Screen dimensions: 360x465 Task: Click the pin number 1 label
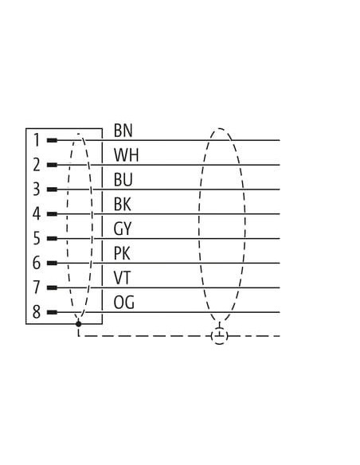pyautogui.click(x=37, y=140)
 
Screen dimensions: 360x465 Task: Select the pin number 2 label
pyautogui.click(x=37, y=165)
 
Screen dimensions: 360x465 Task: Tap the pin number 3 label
pyautogui.click(x=37, y=190)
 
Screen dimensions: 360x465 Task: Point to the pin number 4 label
pyautogui.click(x=37, y=214)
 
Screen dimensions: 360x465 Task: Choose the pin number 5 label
pyautogui.click(x=37, y=238)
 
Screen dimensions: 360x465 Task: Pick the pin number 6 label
pyautogui.click(x=37, y=263)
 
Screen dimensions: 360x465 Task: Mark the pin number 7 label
pyautogui.click(x=37, y=287)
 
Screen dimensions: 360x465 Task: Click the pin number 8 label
pyautogui.click(x=37, y=312)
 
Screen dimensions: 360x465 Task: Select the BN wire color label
pyautogui.click(x=123, y=131)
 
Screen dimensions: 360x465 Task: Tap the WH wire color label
pyautogui.click(x=127, y=155)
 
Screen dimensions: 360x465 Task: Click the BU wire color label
pyautogui.click(x=123, y=180)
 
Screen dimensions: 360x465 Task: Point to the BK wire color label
pyautogui.click(x=122, y=205)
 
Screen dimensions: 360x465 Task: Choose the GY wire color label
pyautogui.click(x=122, y=229)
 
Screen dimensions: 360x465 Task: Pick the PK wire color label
pyautogui.click(x=122, y=253)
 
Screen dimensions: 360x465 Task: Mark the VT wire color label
pyautogui.click(x=122, y=278)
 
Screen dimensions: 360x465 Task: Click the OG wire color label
pyautogui.click(x=123, y=303)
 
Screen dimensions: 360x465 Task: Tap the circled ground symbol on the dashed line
pyautogui.click(x=220, y=336)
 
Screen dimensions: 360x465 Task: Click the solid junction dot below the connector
pyautogui.click(x=78, y=324)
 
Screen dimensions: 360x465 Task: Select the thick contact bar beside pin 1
pyautogui.click(x=52, y=140)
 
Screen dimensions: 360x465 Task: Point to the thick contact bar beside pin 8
pyautogui.click(x=52, y=312)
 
